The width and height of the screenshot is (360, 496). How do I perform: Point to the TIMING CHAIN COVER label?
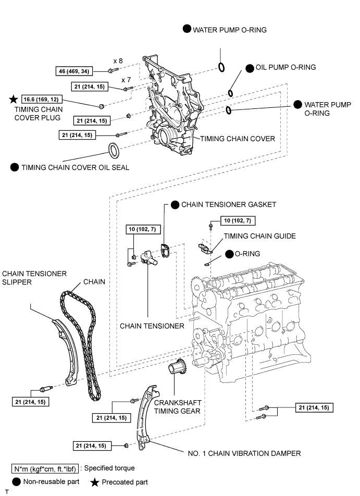[x=238, y=139]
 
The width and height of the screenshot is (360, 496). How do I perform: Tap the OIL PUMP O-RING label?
[x=285, y=67]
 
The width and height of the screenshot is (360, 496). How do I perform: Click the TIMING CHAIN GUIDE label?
[x=259, y=236]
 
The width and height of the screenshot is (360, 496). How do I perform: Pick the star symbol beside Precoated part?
[x=95, y=482]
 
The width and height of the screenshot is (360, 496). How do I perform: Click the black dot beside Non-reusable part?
[x=18, y=482]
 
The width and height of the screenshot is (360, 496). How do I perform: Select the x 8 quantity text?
[x=118, y=60]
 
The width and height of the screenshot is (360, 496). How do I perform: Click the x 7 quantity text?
[x=126, y=80]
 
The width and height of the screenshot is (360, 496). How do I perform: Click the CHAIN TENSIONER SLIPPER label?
[x=34, y=278]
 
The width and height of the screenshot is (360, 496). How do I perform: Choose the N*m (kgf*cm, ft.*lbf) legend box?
[x=45, y=468]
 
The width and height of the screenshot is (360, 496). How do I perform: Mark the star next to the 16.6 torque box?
[x=13, y=98]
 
